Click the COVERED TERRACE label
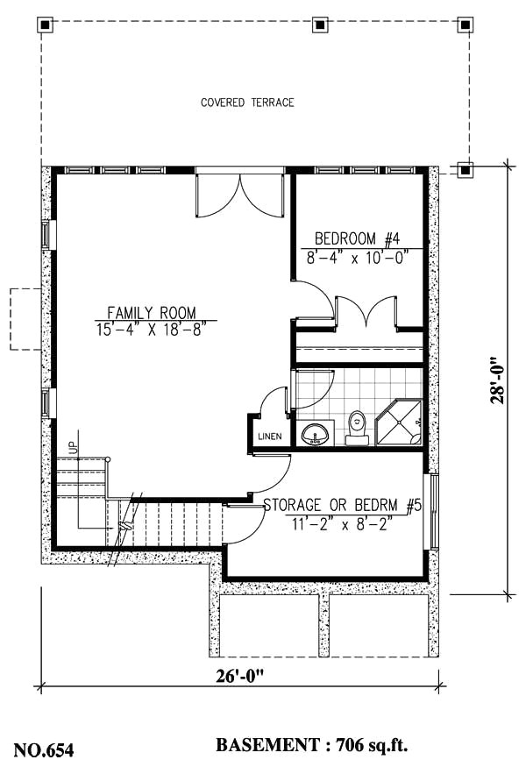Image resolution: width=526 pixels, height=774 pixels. (x=247, y=103)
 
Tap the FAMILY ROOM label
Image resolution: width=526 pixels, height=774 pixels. (x=152, y=312)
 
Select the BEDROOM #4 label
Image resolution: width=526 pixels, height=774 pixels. (x=357, y=238)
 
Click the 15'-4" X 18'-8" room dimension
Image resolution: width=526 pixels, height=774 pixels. (x=152, y=330)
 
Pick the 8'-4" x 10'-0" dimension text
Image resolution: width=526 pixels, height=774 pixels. (x=357, y=258)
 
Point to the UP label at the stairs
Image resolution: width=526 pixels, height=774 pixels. (x=74, y=445)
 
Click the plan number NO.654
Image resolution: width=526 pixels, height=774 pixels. (x=44, y=749)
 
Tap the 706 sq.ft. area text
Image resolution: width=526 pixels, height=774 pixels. (x=368, y=746)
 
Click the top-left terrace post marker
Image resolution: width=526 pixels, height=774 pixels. (x=46, y=25)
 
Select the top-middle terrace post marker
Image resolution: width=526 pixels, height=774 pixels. (x=321, y=25)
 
